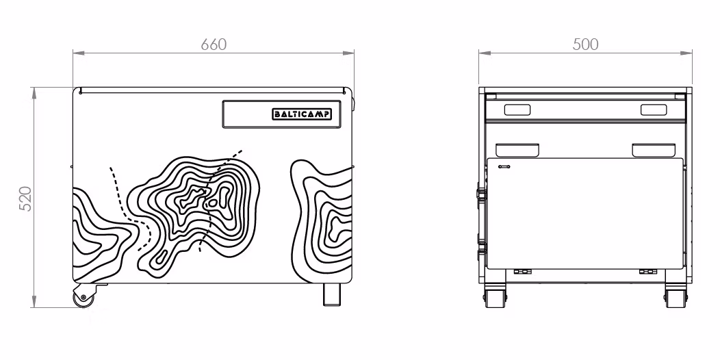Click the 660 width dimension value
(x=214, y=44)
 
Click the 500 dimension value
(x=585, y=44)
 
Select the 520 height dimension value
(x=26, y=198)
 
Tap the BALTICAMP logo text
(x=302, y=114)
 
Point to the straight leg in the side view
(x=331, y=294)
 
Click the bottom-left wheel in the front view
(x=495, y=298)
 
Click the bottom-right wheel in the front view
(x=676, y=298)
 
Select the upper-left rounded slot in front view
(x=517, y=110)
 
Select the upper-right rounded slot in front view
(x=654, y=110)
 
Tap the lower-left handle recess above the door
(x=517, y=150)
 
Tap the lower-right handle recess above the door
(x=654, y=150)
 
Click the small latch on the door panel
(x=504, y=167)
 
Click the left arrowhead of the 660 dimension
(x=79, y=53)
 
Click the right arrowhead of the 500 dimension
(x=686, y=53)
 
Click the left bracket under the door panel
(x=522, y=272)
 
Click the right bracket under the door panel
(x=648, y=272)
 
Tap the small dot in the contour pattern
(x=213, y=202)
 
